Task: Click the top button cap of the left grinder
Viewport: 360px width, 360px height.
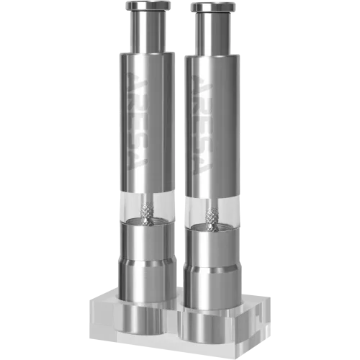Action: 148,6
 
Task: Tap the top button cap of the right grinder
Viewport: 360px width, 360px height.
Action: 212,7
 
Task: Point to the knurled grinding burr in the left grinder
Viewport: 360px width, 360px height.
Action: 147,214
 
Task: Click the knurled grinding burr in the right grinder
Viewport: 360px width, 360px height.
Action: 212,218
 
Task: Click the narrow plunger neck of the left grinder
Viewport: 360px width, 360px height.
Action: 148,32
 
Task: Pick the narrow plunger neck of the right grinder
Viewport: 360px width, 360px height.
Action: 212,34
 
